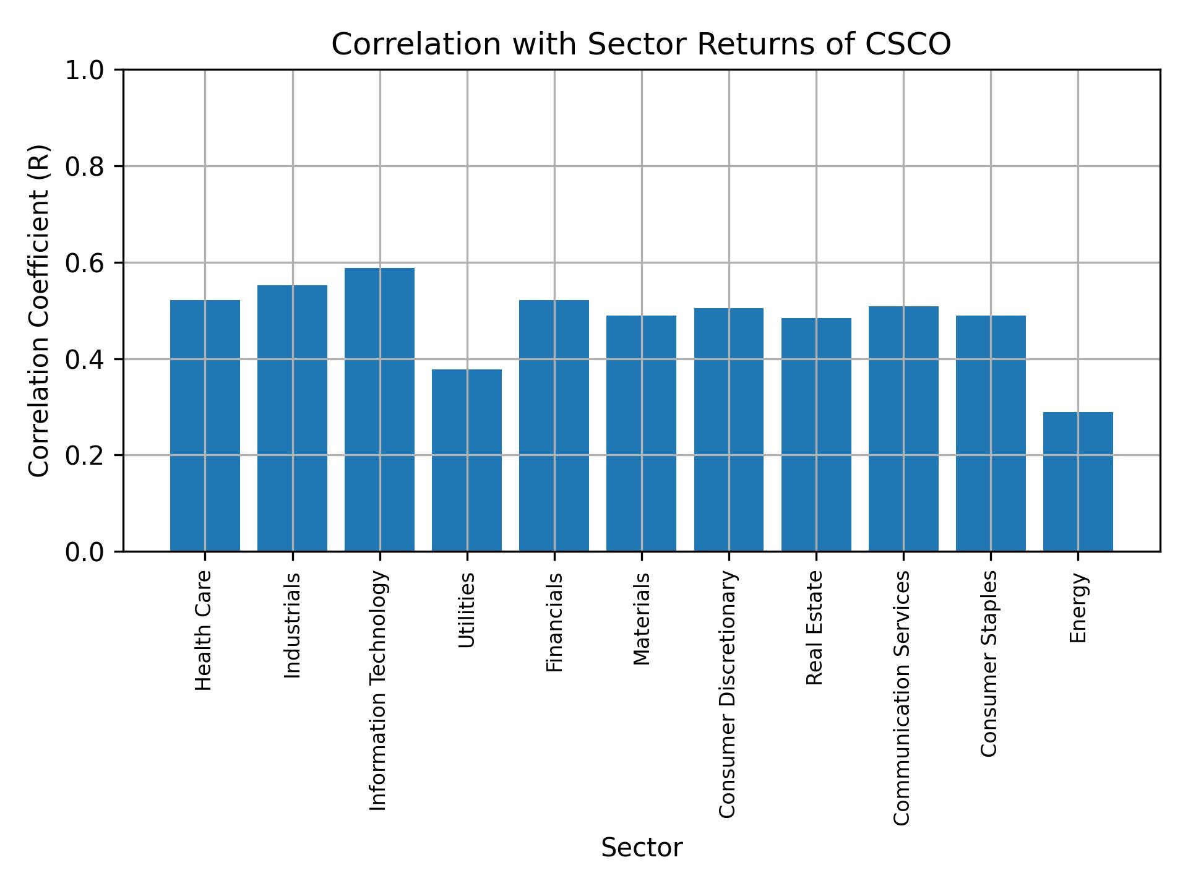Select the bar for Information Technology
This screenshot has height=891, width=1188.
379,409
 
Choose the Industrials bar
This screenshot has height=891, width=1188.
292,418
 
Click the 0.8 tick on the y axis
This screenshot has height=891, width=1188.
86,166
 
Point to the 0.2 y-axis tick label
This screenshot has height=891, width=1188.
86,455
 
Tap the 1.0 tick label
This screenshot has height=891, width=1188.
86,71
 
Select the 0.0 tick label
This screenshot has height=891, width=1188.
86,552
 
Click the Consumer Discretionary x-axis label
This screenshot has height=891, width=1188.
728,694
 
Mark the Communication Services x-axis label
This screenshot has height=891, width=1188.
903,697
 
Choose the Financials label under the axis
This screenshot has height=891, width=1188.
554,622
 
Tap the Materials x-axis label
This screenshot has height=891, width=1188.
642,619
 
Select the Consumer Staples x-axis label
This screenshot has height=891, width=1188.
990,663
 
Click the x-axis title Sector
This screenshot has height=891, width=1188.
642,848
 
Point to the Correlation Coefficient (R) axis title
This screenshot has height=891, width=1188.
39,311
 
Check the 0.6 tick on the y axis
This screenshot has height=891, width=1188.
86,263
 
